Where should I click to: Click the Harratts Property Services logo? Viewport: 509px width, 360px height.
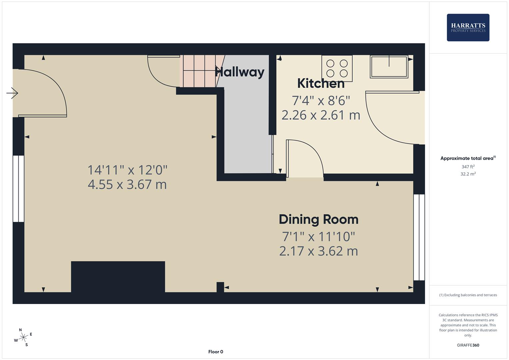[468, 28]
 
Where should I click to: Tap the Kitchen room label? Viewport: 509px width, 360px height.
[321, 83]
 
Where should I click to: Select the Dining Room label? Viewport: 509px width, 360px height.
[318, 219]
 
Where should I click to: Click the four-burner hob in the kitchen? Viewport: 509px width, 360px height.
[337, 68]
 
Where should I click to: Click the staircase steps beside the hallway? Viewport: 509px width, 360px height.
[198, 71]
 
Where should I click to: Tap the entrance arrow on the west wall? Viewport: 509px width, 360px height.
[12, 93]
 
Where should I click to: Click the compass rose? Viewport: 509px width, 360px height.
[23, 337]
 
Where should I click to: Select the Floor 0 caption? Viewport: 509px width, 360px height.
[216, 352]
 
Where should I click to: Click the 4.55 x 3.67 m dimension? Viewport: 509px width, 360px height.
[127, 184]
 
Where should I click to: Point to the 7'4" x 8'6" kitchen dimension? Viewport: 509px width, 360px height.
[321, 100]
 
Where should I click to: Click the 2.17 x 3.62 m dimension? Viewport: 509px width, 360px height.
[318, 251]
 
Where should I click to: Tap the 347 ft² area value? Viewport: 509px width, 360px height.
[468, 167]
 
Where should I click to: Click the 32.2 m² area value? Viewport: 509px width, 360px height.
[468, 174]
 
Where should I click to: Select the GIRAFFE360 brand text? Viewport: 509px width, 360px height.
[468, 345]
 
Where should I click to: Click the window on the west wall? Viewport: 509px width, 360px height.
[19, 189]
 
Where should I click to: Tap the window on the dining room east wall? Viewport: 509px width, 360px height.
[419, 237]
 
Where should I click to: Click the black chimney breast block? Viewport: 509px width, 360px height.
[118, 277]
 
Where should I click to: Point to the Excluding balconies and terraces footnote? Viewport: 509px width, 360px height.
[468, 295]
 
